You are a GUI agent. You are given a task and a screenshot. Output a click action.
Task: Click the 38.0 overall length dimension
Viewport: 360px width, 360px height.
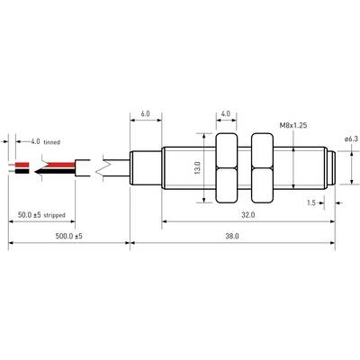coord(232,236)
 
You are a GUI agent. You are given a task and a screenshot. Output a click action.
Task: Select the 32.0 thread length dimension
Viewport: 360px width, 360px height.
coord(248,215)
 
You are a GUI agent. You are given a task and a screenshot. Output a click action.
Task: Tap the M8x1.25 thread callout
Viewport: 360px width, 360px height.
coord(293,125)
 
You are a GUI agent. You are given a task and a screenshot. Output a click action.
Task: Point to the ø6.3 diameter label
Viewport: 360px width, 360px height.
coord(351,139)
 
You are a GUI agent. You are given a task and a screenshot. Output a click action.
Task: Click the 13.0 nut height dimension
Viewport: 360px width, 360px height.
coord(197,167)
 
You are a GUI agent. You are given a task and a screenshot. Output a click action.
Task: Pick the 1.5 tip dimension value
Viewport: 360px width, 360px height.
coord(311,202)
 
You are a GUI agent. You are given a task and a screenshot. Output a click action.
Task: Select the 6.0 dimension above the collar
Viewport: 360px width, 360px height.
coord(145,113)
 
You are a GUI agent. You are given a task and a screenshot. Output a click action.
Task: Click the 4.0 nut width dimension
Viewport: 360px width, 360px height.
coord(226,113)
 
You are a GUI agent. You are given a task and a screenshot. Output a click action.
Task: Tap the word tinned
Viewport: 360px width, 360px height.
coord(52,142)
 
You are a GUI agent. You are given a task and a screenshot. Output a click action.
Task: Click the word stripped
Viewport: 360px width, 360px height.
coord(54,215)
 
